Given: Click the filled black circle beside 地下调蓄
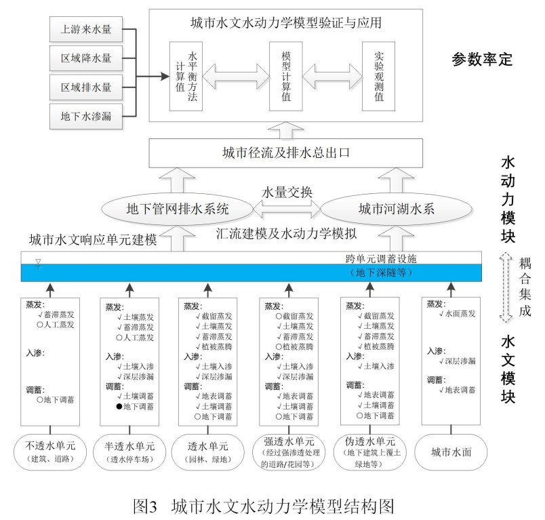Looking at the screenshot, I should (119, 407).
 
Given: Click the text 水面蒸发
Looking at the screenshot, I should (462, 314).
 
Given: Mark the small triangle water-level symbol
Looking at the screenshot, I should (38, 261).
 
